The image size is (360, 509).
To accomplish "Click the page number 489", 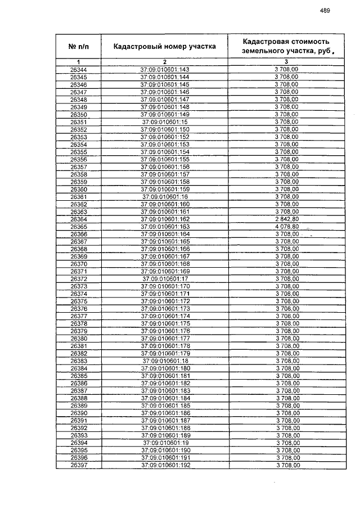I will point(325,10).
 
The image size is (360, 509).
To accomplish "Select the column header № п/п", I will point(79,46).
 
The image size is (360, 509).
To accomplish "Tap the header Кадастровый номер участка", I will point(165,46).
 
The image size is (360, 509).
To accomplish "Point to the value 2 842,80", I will point(286,219).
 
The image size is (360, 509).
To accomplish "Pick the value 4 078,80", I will point(286,227).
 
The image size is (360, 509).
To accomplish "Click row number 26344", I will point(79,69).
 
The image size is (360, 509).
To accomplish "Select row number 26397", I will point(79,465).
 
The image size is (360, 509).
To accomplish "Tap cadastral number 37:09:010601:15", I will point(165,121).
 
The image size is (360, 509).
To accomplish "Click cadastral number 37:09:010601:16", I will point(165,197).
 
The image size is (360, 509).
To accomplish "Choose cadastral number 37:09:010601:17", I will point(165,279).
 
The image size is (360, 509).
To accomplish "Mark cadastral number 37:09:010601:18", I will point(165,361).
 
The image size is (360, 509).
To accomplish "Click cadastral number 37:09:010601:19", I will point(165,443).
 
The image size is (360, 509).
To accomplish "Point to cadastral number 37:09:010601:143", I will point(165,69).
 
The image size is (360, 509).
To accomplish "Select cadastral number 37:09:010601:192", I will point(165,465).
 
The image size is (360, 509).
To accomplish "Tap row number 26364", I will point(79,219).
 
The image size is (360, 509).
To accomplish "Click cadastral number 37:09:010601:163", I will point(165,227).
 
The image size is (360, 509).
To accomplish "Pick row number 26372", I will point(79,279).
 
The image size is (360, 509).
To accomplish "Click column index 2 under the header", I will point(165,61).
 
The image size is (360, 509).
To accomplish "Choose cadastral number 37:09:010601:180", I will point(165,368).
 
